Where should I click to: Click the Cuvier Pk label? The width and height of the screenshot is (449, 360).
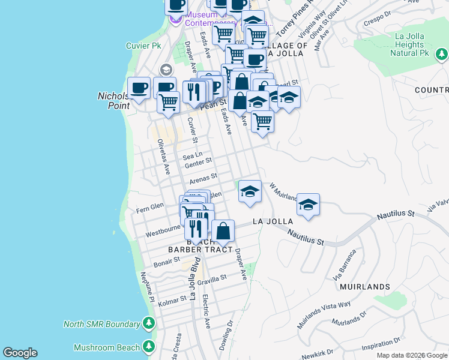pos(143,46)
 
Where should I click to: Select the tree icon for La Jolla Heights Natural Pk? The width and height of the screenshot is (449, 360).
pos(442,55)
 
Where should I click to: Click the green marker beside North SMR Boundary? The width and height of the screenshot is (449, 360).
pos(148,324)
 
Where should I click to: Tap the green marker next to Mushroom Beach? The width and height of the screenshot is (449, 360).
pos(148,347)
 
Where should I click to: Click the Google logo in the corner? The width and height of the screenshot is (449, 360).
pos(20,353)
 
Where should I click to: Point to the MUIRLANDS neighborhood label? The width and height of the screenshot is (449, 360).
pos(365,287)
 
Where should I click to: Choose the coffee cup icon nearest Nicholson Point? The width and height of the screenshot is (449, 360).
pos(139,88)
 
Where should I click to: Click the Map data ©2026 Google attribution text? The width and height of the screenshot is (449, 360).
pos(412,355)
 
